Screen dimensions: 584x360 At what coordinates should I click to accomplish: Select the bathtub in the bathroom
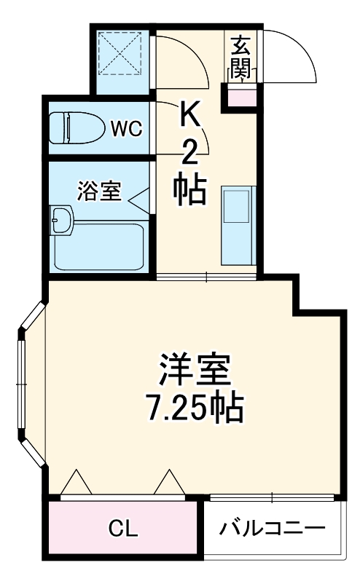coord(102,246)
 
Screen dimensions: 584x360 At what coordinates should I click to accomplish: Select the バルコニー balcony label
coord(272,528)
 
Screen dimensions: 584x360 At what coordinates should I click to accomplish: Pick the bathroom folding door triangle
coord(141,197)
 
